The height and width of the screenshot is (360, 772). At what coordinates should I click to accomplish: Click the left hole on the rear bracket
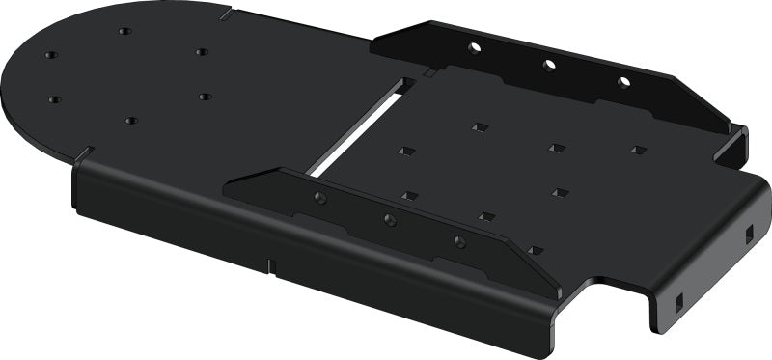[474, 46]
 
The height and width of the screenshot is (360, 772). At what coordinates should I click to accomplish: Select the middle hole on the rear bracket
[549, 65]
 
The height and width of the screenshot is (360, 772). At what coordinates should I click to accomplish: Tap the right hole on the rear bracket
[623, 81]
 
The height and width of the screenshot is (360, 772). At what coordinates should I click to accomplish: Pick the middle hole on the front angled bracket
[390, 220]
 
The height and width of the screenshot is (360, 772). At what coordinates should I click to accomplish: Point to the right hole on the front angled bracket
[458, 242]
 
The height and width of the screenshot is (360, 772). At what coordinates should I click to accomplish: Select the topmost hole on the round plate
[125, 31]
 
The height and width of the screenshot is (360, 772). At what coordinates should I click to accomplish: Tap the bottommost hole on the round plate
[131, 121]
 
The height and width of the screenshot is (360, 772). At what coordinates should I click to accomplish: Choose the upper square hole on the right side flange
[748, 232]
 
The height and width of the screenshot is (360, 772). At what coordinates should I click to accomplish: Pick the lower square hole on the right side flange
[678, 298]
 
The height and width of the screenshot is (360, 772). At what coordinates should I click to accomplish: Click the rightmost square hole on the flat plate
[638, 150]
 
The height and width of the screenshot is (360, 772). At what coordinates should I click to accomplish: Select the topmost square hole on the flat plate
[480, 125]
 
